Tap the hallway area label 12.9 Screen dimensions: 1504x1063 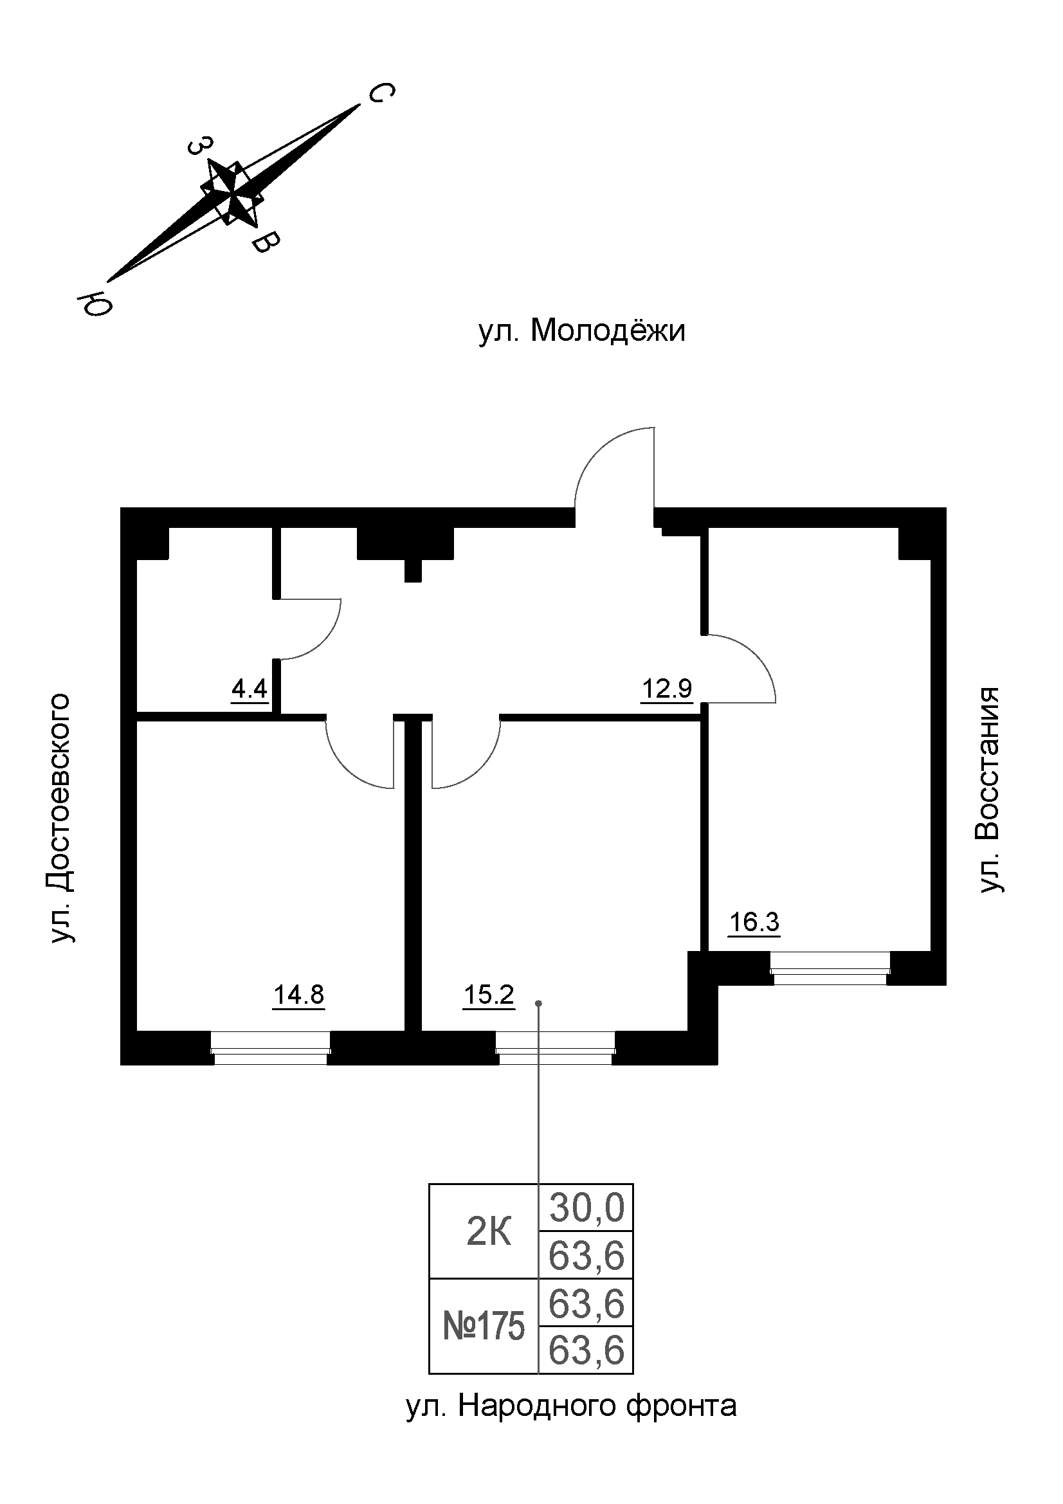[666, 689]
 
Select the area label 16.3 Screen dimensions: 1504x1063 [754, 922]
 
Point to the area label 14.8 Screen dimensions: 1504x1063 [298, 995]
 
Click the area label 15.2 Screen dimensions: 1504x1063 [489, 995]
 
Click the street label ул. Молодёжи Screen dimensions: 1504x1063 [581, 331]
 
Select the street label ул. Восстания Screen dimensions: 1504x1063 [989, 790]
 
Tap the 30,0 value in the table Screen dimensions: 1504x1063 [586, 1209]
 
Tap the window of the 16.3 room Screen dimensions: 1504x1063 [830, 968]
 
